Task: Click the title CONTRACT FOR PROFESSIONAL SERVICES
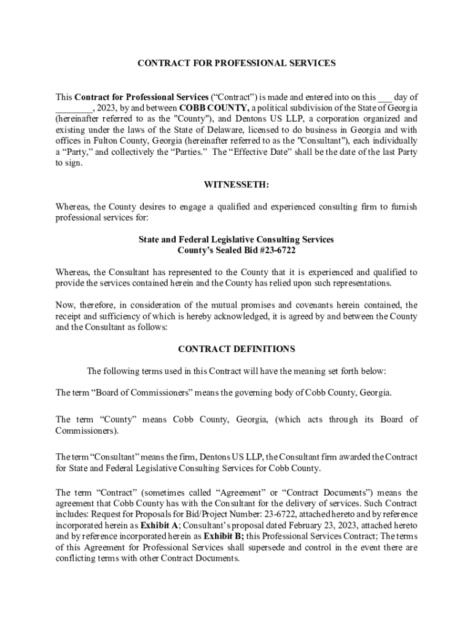point(237,63)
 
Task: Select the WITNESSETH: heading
point(237,185)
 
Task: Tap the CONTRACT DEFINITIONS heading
point(237,349)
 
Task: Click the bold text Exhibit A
point(159,526)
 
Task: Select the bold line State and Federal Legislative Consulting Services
point(237,239)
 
